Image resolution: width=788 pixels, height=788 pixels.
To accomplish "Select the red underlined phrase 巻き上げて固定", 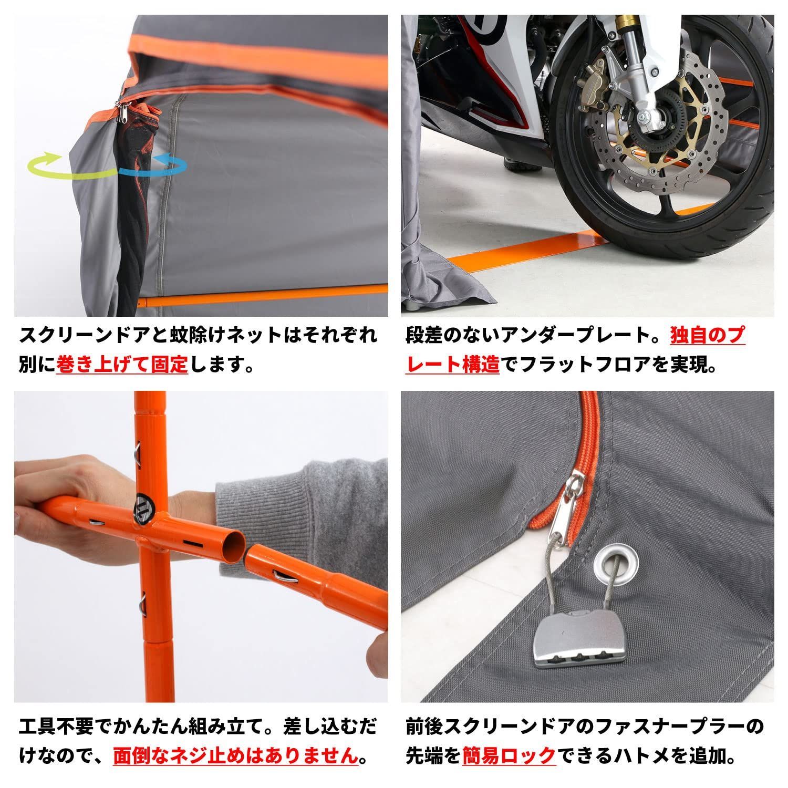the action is (x=122, y=364).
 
